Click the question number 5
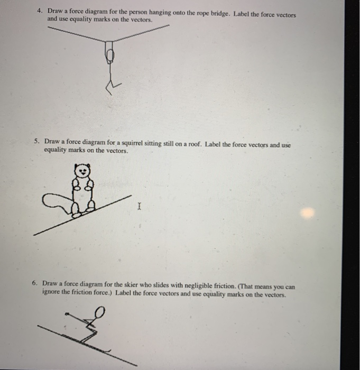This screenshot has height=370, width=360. point(36,142)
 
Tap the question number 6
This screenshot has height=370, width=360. point(34,283)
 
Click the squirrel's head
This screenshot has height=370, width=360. point(82,171)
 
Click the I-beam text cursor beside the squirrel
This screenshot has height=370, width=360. point(139,207)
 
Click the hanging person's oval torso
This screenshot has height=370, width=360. point(110,54)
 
